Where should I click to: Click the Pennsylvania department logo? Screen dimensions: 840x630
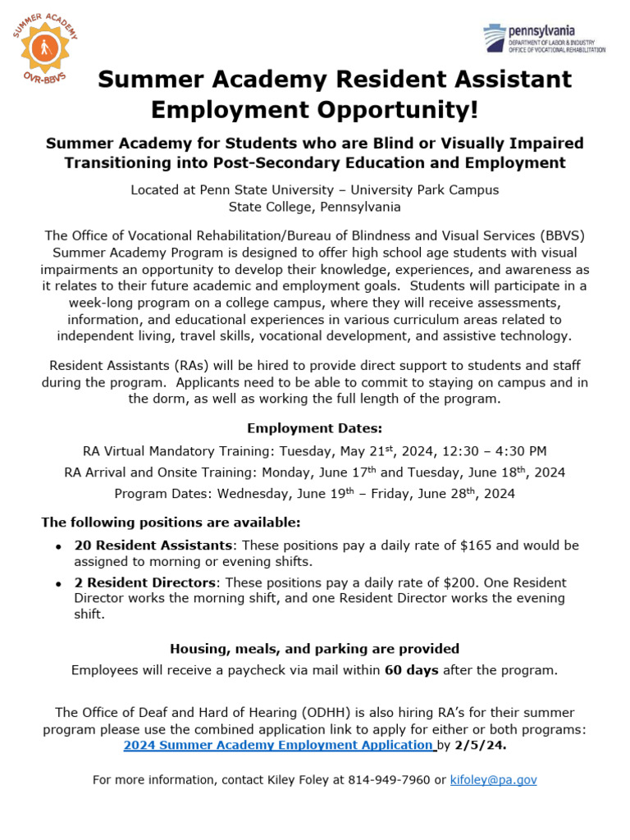coord(544,39)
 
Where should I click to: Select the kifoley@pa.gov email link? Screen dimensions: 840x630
coord(494,779)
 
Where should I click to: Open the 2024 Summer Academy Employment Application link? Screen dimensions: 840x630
coord(277,745)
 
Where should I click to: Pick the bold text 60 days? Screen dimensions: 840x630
coord(412,670)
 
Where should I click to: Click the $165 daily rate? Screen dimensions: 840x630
coord(452,546)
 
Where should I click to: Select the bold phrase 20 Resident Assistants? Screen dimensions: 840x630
coord(153,546)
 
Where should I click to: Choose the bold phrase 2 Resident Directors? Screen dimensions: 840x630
coord(146,582)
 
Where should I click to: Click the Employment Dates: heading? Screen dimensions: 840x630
coord(315,428)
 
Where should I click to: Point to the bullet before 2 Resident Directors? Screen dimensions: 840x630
coord(58,584)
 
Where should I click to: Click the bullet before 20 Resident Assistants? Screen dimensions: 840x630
coord(58,547)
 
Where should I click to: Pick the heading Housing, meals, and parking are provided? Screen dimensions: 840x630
coord(315,648)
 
